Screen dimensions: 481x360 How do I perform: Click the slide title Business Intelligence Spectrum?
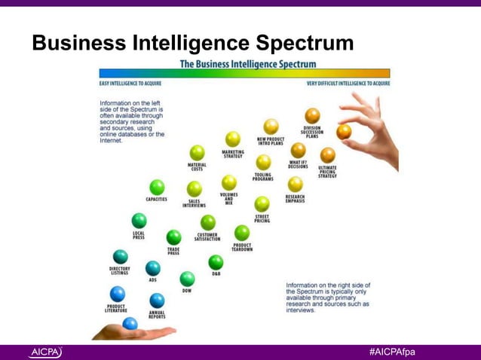[192, 44]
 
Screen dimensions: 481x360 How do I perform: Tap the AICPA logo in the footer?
[46, 352]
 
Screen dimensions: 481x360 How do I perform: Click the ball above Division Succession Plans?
[312, 115]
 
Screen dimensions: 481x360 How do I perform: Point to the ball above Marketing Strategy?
[233, 139]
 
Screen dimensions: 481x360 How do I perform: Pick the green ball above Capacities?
[157, 187]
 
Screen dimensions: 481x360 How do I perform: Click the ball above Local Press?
[139, 221]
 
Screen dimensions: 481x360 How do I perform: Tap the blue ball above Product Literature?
[117, 294]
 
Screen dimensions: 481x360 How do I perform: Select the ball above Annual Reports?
[157, 301]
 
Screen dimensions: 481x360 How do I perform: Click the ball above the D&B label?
[216, 262]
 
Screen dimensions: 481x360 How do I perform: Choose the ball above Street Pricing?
[262, 203]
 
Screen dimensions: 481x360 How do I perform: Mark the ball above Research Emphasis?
[296, 184]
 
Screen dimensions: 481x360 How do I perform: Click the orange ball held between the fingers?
[344, 132]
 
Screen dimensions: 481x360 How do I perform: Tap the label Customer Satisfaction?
[207, 237]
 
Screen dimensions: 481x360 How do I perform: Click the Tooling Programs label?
[263, 178]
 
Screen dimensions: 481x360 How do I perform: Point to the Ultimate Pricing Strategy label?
[327, 172]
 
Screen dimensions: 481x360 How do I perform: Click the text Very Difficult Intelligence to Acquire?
[348, 84]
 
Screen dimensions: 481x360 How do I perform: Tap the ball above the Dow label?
[187, 279]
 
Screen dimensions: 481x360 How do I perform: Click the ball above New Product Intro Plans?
[271, 126]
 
